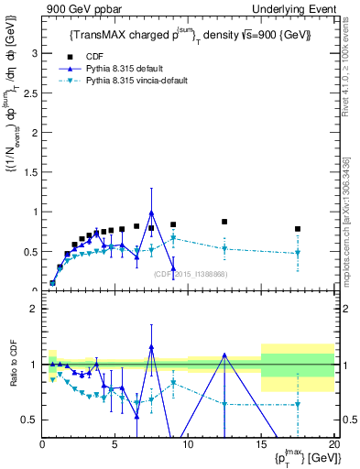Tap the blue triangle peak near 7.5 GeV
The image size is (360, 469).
coord(151,213)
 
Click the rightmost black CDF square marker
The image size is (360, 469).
coord(297,229)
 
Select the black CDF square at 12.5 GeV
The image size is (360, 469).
coord(224,222)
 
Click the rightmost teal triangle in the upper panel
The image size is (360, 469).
coord(297,254)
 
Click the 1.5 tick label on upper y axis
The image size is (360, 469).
coord(30,172)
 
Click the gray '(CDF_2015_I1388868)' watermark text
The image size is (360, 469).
coord(191,274)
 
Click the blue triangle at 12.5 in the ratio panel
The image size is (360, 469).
coord(224,354)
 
